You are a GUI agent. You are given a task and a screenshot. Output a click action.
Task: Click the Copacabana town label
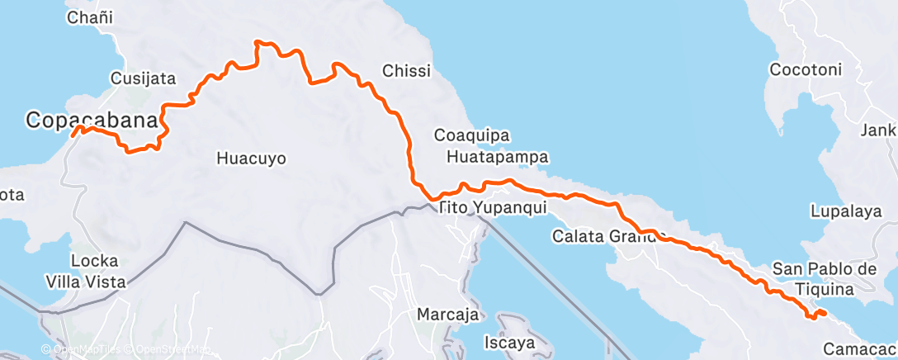point(91,121)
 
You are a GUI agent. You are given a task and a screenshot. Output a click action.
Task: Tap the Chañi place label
point(90,17)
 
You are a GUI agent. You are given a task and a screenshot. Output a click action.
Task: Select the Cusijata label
point(143,79)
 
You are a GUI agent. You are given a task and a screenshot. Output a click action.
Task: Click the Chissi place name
point(406,72)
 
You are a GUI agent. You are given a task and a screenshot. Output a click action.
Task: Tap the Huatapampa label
point(498,156)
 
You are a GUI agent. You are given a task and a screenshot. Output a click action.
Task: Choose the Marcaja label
point(447,315)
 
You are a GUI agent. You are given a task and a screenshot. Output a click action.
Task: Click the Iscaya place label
point(509,341)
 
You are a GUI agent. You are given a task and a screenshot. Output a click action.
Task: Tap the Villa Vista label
point(97,282)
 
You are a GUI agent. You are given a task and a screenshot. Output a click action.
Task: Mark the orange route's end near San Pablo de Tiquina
point(825,312)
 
